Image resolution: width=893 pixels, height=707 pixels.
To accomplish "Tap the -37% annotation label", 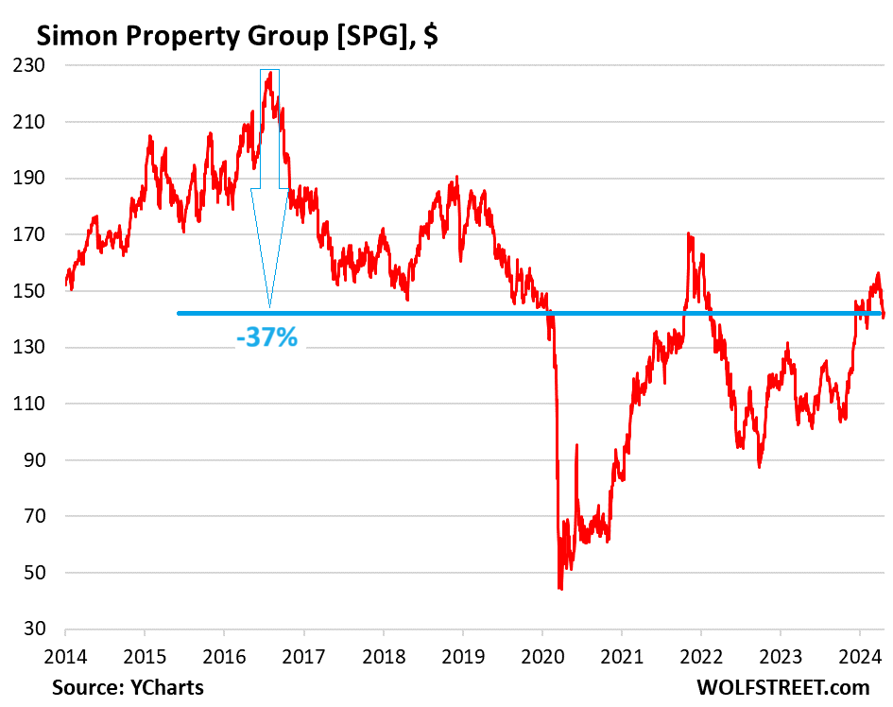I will (x=266, y=336).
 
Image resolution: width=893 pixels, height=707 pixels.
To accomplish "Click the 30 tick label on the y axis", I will (x=44, y=629).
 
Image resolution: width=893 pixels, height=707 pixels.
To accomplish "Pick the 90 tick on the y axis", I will (x=44, y=460).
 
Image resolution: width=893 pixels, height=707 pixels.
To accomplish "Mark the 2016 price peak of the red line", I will (x=270, y=72).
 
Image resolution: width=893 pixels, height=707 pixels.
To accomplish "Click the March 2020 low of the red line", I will (x=560, y=589).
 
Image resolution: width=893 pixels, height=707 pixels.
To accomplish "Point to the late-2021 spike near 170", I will (x=689, y=233).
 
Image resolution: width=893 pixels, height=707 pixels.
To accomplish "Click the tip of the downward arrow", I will (x=269, y=307).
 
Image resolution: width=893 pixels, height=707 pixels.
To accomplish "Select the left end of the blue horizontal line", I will (x=179, y=314).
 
